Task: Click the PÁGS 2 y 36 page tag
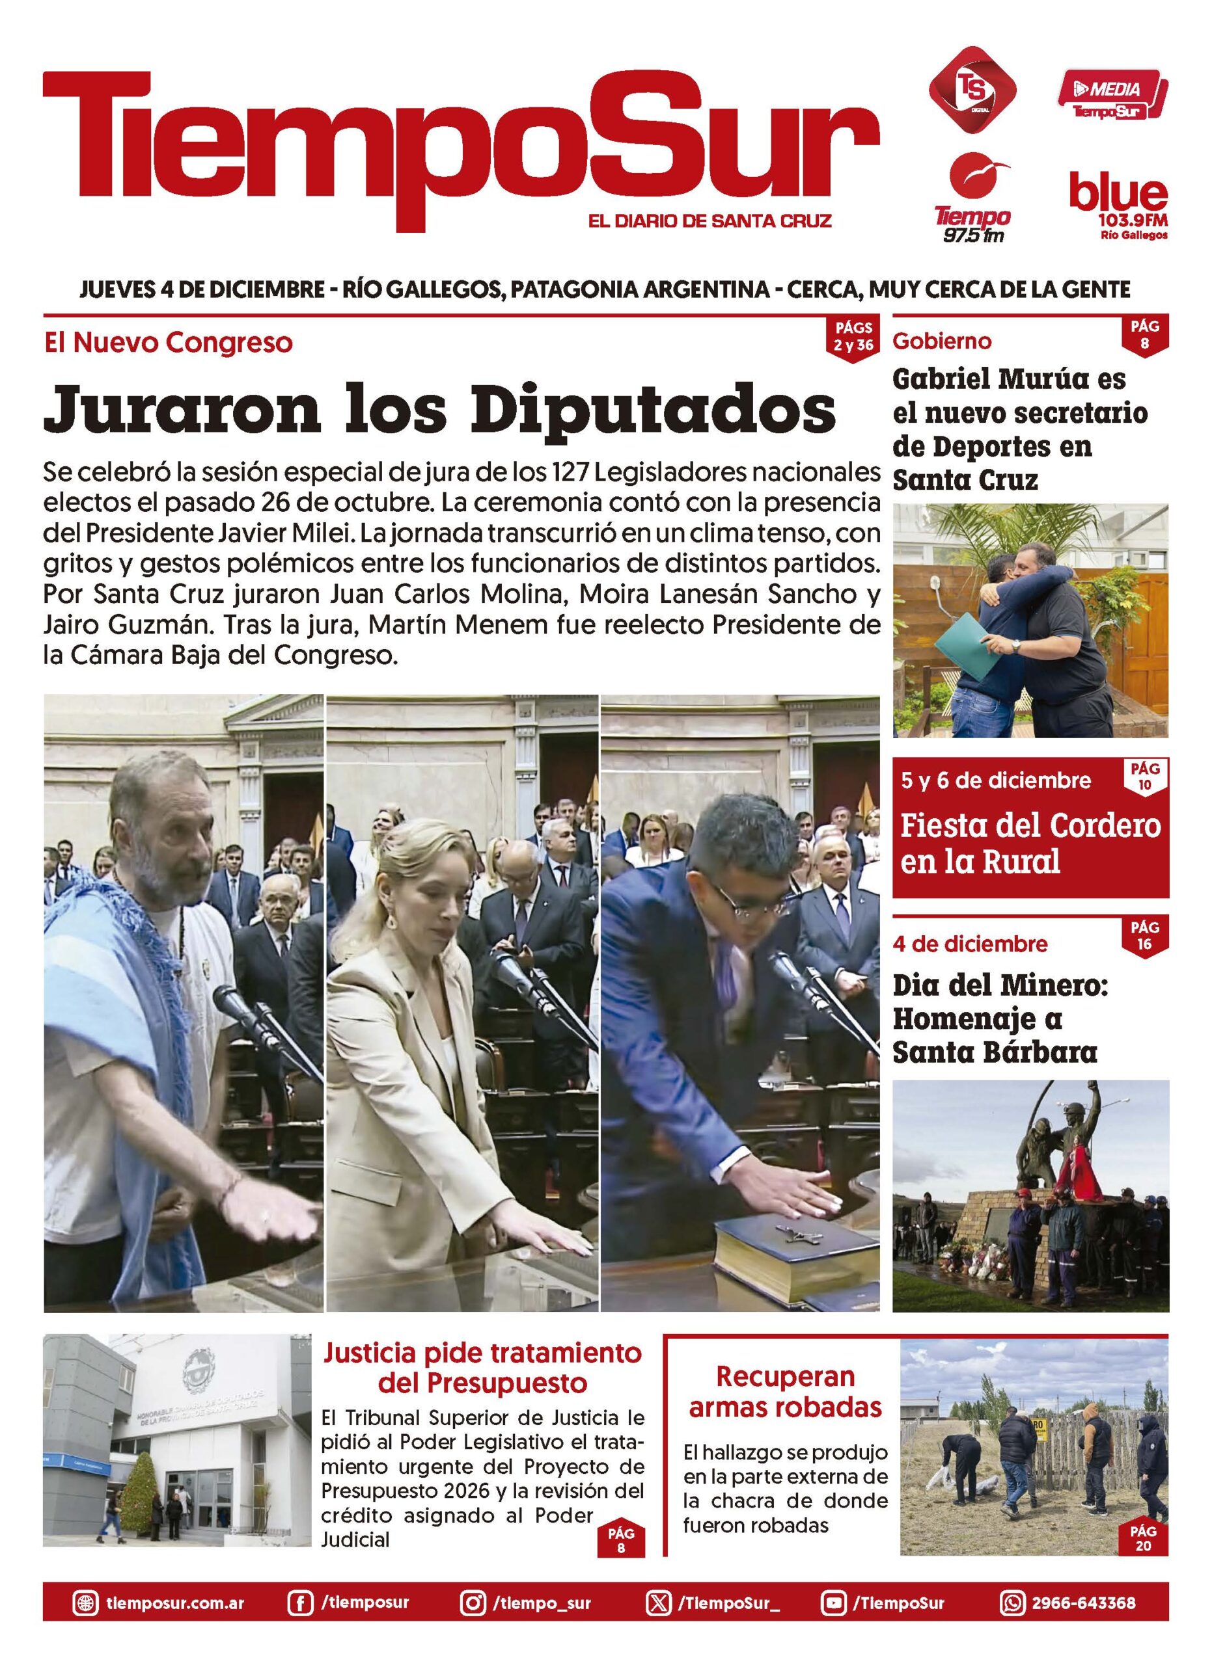coord(853,338)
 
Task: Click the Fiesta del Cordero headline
coord(1030,844)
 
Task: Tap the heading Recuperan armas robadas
coord(784,1391)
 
